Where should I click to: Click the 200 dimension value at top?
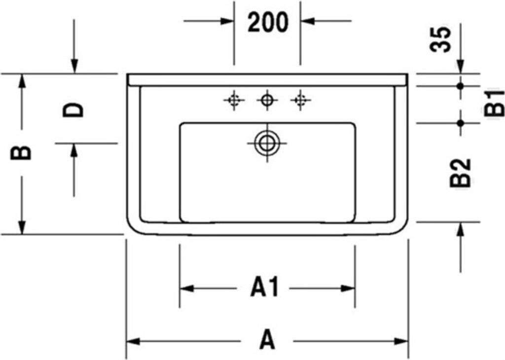coord(267,22)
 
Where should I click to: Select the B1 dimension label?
coord(494,103)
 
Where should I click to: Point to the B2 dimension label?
coord(460,173)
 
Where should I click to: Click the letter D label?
coord(73,110)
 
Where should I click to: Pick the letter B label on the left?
coord(21,152)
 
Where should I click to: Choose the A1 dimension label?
coord(264,287)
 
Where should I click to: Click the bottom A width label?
coord(267,339)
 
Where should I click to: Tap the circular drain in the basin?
coord(267,143)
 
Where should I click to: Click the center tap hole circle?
coord(267,100)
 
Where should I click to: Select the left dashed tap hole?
coord(234,100)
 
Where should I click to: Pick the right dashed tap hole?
coord(300,100)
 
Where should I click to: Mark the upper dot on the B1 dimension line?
coord(460,86)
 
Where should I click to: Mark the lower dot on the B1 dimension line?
coord(460,123)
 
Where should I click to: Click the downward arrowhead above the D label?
coord(74,67)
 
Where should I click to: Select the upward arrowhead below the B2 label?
coord(461,229)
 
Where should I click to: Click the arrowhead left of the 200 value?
coord(227,21)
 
